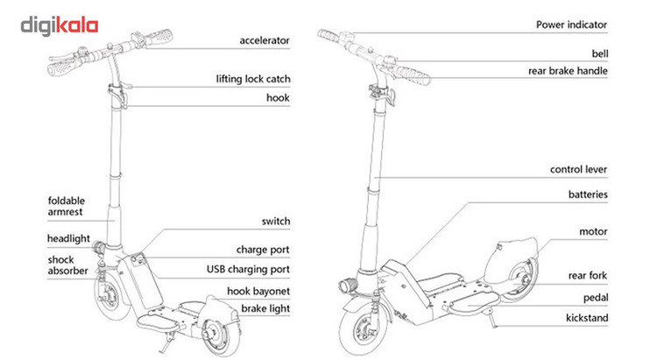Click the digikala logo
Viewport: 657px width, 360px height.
pos(60,25)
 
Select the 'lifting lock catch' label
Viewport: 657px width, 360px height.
pos(252,79)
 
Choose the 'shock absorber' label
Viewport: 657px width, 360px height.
pos(67,265)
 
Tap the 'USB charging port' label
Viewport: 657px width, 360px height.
pos(248,269)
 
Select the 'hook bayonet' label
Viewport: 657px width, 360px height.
pos(258,289)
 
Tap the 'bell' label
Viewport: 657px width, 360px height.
pos(599,53)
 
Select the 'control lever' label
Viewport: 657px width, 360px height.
pos(578,170)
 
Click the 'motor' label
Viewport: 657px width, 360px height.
pos(593,232)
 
